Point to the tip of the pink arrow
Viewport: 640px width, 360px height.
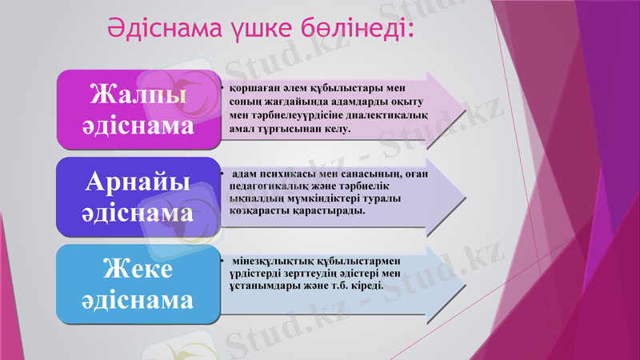coord(465,107)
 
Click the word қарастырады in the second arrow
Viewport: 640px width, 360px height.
coord(329,210)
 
